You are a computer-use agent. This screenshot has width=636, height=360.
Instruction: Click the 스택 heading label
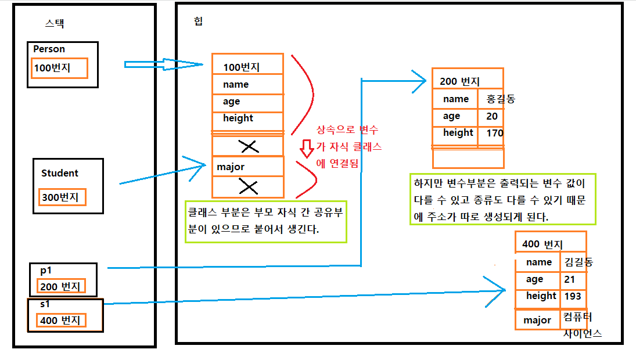pyautogui.click(x=54, y=24)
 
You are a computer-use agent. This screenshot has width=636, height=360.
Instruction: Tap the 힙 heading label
pyautogui.click(x=199, y=21)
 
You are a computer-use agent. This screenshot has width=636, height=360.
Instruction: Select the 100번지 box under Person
pyautogui.click(x=60, y=68)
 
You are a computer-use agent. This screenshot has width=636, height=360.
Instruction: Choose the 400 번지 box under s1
pyautogui.click(x=62, y=320)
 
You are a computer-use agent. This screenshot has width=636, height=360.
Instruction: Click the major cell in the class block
pyautogui.click(x=247, y=167)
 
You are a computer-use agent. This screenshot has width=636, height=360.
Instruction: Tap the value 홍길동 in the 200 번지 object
pyautogui.click(x=501, y=99)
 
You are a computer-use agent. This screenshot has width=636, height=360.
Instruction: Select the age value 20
pyautogui.click(x=492, y=116)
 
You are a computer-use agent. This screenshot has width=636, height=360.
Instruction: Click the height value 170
pyautogui.click(x=495, y=134)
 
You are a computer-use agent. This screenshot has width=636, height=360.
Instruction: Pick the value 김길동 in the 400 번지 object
pyautogui.click(x=578, y=262)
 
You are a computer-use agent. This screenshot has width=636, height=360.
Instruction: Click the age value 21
pyautogui.click(x=569, y=280)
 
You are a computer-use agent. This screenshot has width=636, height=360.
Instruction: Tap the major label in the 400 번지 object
pyautogui.click(x=537, y=320)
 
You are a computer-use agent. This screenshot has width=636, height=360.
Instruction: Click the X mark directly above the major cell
pyautogui.click(x=249, y=147)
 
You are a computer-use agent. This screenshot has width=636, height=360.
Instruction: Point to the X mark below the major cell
pyautogui.click(x=249, y=186)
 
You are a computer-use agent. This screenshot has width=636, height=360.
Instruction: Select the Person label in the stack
pyautogui.click(x=49, y=49)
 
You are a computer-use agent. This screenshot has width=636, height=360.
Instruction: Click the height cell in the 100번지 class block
pyautogui.click(x=247, y=118)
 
